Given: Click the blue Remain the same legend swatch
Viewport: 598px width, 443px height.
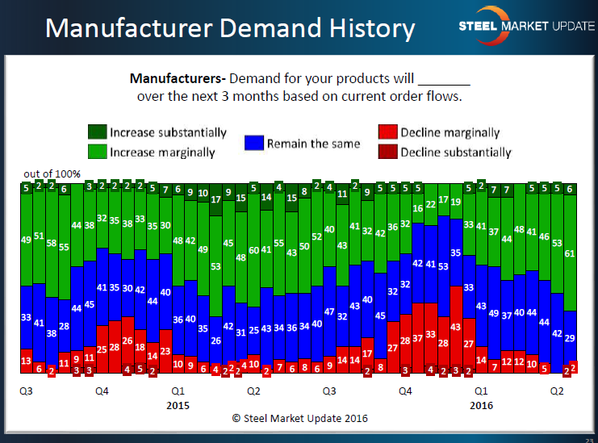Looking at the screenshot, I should (256, 144).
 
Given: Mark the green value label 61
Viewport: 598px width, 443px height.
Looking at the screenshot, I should (571, 254).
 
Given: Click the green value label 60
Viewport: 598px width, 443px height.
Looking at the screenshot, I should (253, 251).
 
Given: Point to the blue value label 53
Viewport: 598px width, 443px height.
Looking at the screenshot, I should (443, 265).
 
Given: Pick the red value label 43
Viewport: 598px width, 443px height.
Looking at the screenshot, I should (455, 326).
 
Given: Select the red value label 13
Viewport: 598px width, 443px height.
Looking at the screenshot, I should (26, 360).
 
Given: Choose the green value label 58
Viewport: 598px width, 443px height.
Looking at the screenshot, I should (52, 243).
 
